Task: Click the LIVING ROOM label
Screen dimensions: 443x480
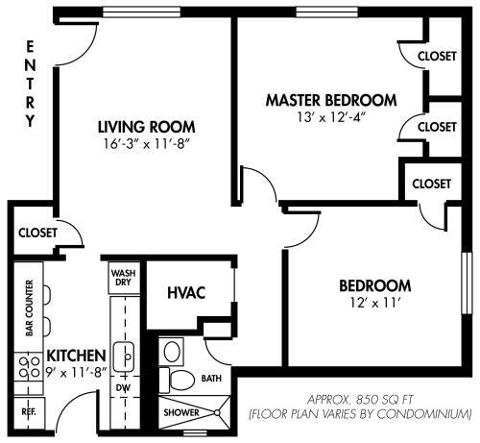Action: [x=147, y=126]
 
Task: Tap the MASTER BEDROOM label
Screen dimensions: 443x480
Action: [x=331, y=100]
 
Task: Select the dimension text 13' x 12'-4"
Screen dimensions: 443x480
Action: [x=331, y=117]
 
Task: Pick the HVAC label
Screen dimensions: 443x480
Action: [x=186, y=293]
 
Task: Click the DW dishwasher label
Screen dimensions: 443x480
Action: [x=123, y=387]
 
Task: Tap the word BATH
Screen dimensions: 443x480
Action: [x=211, y=380]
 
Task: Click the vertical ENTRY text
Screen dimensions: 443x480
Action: [x=30, y=85]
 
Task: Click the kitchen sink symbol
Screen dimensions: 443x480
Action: [x=123, y=356]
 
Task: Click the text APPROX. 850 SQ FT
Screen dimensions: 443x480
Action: [x=360, y=398]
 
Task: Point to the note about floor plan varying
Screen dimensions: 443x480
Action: [x=360, y=413]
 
